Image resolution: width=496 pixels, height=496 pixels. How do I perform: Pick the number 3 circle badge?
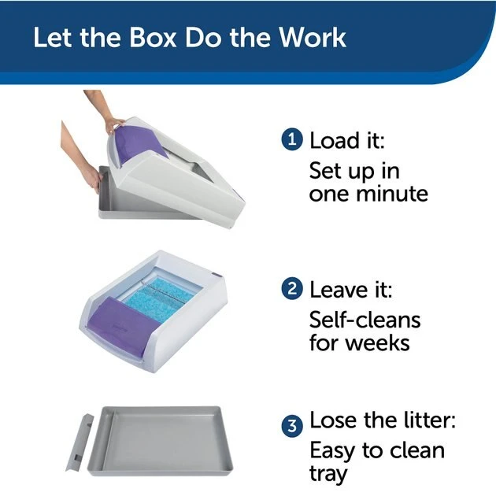[x=292, y=426]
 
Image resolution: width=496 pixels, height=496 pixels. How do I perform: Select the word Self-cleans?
[x=365, y=320]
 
